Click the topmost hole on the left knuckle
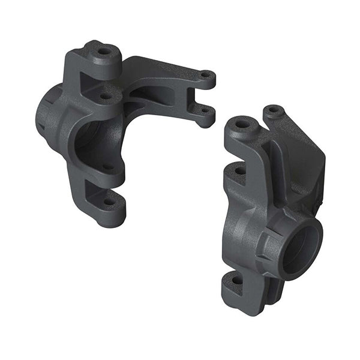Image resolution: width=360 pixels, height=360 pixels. click(104, 51)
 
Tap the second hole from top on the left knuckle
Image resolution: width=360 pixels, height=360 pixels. click(105, 95)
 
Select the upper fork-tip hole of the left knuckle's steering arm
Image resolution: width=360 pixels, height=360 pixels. click(205, 76)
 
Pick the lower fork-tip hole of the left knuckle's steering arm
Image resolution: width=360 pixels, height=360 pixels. click(203, 110)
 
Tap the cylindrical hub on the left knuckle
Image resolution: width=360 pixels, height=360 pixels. click(48, 114)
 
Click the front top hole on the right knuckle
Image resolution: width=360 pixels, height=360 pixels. click(242, 125)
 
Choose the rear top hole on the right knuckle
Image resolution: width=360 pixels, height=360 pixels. click(274, 110)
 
